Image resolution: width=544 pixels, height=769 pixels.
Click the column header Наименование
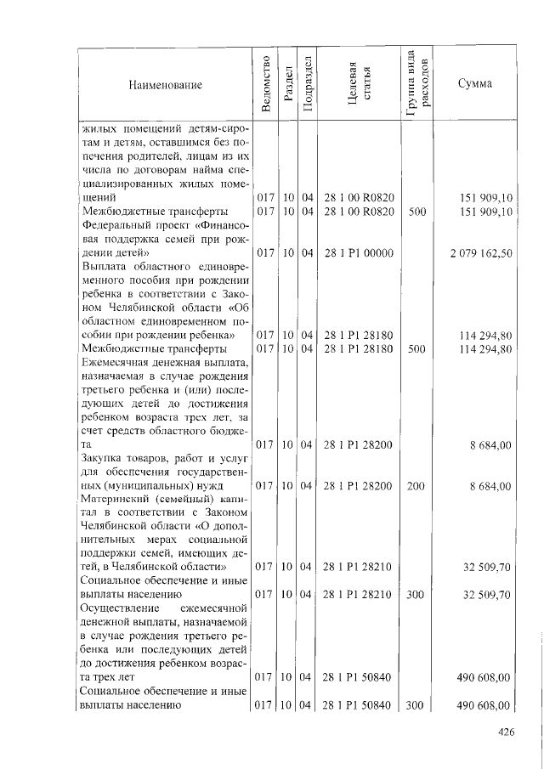tap(166, 85)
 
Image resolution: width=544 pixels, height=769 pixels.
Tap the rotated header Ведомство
tap(266, 83)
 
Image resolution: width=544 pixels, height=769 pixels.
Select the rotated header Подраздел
tap(307, 83)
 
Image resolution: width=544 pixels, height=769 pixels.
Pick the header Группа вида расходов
tap(418, 82)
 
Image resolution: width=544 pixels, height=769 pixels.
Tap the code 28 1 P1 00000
tap(358, 252)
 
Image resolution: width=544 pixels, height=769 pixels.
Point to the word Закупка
tap(100, 458)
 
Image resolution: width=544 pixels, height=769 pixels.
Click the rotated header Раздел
tap(289, 83)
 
